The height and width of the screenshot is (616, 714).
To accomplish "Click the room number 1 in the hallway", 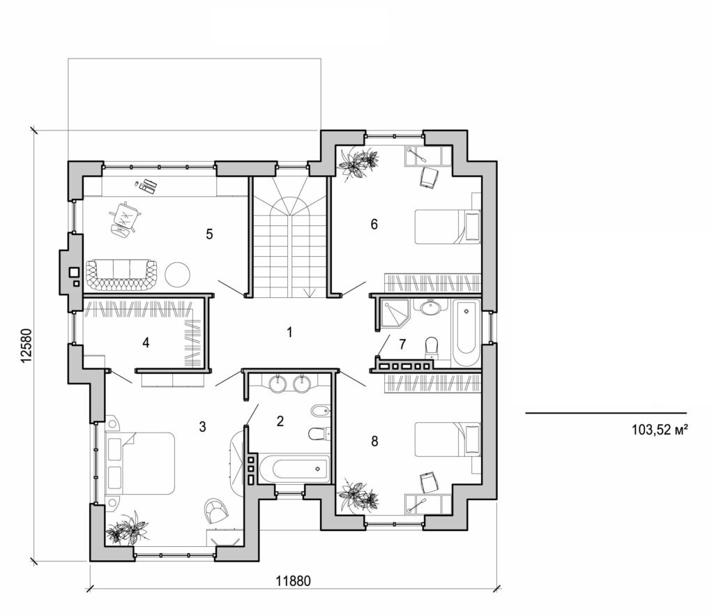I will click(x=289, y=332).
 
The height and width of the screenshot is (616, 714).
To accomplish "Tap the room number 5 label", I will click(x=208, y=234).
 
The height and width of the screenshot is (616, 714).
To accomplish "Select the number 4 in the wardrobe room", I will click(x=145, y=343).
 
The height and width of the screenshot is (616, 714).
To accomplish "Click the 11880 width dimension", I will click(x=292, y=580).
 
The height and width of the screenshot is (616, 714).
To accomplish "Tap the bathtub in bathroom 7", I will click(x=465, y=332).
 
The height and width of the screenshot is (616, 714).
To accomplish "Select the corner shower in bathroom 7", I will click(x=393, y=315).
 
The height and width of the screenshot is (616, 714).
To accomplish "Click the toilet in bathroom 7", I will click(x=430, y=346).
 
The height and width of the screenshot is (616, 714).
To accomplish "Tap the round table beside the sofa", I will click(x=177, y=273).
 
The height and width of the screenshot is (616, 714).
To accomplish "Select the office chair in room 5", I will click(x=125, y=219).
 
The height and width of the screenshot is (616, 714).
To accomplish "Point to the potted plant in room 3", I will click(x=126, y=528).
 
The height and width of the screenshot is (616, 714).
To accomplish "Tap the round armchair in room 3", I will click(x=216, y=511).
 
